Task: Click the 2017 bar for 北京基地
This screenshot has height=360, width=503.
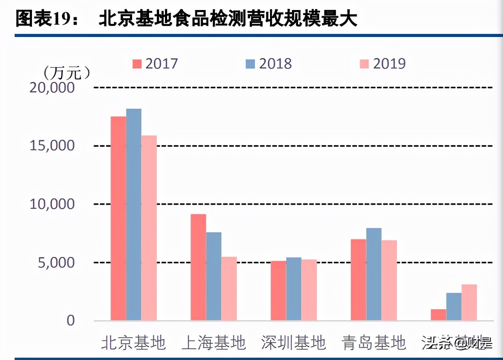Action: pyautogui.click(x=118, y=218)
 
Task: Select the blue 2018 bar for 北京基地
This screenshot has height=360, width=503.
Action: pyautogui.click(x=134, y=214)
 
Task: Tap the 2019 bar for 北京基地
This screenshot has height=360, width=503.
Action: pyautogui.click(x=149, y=228)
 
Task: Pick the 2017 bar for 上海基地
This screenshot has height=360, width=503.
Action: pyautogui.click(x=198, y=267)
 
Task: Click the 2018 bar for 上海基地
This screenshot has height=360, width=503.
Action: pyautogui.click(x=214, y=276)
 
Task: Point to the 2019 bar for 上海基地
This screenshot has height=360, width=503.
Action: pyautogui.click(x=229, y=288)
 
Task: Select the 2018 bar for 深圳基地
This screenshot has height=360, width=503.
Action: pyautogui.click(x=294, y=289)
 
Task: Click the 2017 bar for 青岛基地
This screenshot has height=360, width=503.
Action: pyautogui.click(x=358, y=279)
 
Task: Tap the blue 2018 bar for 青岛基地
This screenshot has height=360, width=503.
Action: pyautogui.click(x=374, y=274)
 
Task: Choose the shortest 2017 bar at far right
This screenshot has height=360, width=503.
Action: pyautogui.click(x=438, y=315)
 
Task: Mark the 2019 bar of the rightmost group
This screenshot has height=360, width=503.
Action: pyautogui.click(x=469, y=302)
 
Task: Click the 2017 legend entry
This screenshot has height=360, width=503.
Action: pyautogui.click(x=155, y=64)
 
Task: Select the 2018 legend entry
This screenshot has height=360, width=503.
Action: pyautogui.click(x=269, y=64)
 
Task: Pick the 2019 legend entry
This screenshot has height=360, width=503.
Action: pyautogui.click(x=383, y=64)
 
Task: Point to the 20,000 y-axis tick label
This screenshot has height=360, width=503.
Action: pyautogui.click(x=52, y=87)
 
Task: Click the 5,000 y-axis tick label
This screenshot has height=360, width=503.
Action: pyautogui.click(x=56, y=262)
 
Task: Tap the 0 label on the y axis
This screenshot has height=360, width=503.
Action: pyautogui.click(x=70, y=320)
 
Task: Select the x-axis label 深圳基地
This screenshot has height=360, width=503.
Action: pyautogui.click(x=293, y=343)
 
